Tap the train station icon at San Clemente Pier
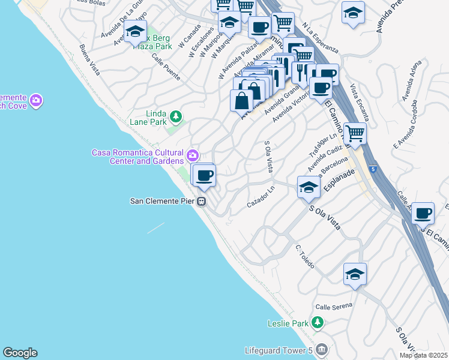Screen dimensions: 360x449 (203, 201)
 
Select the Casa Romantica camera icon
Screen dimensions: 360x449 (193, 155)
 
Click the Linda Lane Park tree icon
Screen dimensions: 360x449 (176, 115)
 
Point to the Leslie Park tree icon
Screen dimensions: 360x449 (317, 323)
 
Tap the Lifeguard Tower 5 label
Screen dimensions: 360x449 (279, 350)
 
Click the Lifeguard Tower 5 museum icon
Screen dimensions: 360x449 (322, 349)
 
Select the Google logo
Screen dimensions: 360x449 (20, 353)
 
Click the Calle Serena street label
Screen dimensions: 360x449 (334, 307)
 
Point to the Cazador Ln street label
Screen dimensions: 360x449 (261, 197)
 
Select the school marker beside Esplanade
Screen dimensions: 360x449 (309, 187)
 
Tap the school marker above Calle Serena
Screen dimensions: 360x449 (355, 274)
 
